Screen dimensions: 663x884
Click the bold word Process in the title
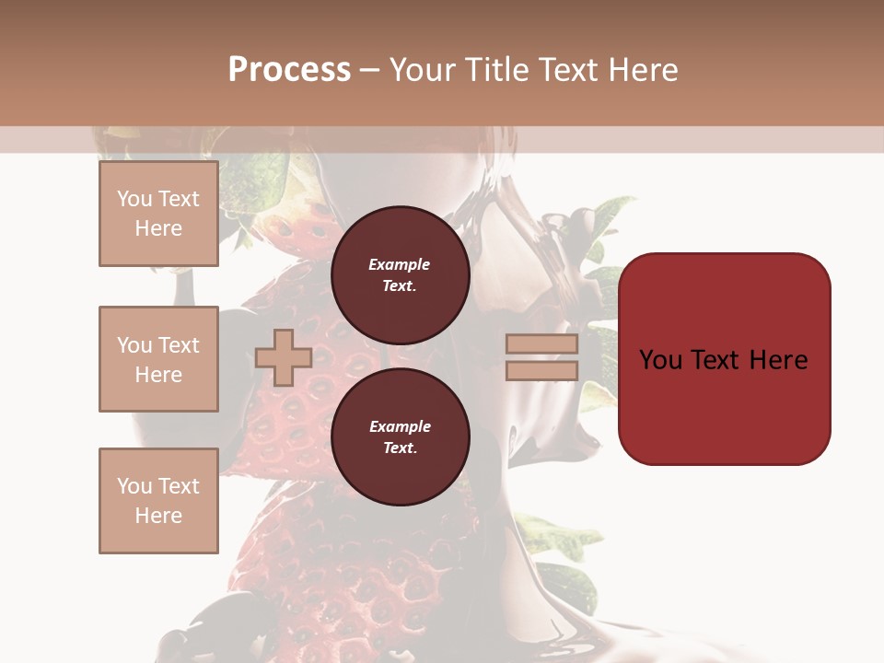289,70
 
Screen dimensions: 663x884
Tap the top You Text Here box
158,214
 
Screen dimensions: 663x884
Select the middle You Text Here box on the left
158,359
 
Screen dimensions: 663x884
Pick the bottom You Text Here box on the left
158,501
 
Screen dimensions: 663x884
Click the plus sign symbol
284,357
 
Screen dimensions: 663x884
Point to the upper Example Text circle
400,275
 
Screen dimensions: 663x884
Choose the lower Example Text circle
400,437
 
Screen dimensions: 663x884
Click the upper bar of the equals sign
541,344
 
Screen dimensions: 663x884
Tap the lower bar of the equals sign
541,370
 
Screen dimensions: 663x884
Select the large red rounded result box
724,405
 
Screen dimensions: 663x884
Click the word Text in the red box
715,360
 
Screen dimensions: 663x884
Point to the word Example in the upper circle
400,264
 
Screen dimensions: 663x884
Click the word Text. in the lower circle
400,448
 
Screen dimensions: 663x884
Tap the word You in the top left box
134,199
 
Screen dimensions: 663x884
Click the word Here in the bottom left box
158,516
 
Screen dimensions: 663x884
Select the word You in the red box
659,360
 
